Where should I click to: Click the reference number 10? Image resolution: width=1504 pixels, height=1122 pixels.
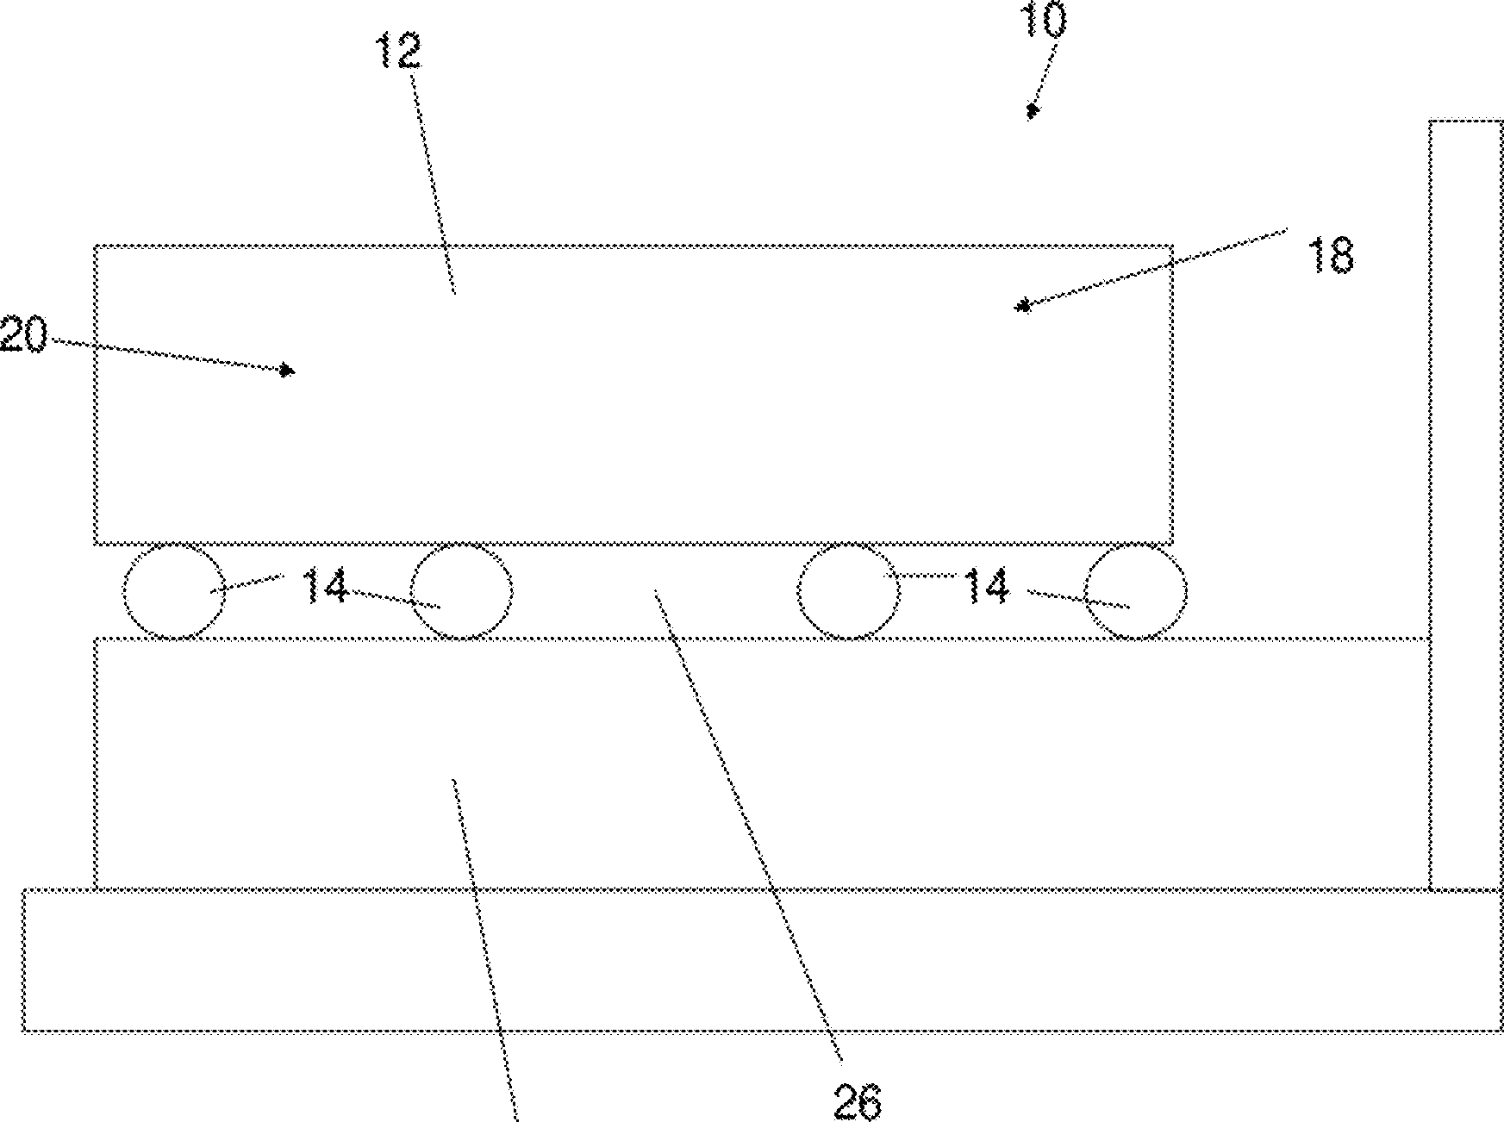(x=1044, y=20)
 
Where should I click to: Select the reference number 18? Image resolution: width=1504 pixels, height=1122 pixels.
(x=1331, y=256)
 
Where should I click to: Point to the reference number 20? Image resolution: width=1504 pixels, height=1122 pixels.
(x=22, y=334)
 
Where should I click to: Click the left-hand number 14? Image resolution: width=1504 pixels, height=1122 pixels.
(x=325, y=588)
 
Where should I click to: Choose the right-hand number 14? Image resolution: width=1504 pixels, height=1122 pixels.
(x=986, y=588)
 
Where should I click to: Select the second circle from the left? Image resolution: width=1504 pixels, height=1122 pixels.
(x=462, y=591)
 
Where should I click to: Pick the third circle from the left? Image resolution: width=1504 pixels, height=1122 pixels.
(x=848, y=591)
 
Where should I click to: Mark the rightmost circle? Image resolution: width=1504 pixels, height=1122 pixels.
(x=1135, y=591)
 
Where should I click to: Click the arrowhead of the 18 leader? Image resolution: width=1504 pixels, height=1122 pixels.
(x=1024, y=305)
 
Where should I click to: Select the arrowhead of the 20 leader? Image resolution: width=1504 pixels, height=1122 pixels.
(x=288, y=371)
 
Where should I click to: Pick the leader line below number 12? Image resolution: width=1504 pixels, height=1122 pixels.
(x=434, y=181)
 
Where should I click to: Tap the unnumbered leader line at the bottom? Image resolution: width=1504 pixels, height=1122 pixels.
(x=484, y=948)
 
